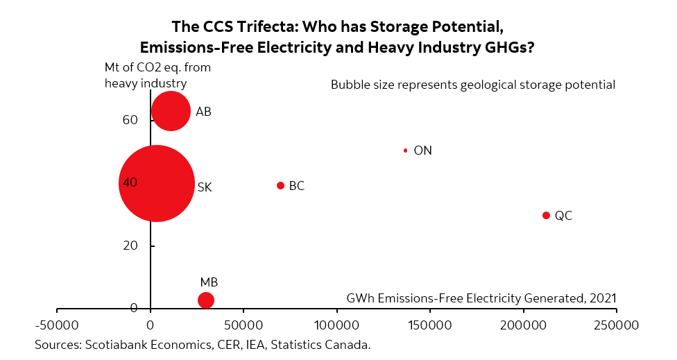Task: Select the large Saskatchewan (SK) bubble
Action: (156, 184)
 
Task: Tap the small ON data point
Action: (406, 151)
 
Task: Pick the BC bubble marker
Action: (281, 186)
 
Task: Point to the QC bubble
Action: (546, 216)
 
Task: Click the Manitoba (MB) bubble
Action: (206, 300)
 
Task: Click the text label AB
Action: (203, 112)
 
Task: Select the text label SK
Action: (205, 187)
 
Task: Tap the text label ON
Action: (422, 151)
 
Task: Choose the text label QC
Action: (563, 216)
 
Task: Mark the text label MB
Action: (209, 282)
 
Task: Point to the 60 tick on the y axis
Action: (130, 120)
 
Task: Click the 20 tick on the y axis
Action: (130, 246)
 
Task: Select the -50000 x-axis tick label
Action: (57, 325)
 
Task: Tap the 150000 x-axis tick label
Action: (429, 325)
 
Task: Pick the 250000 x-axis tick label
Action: (616, 325)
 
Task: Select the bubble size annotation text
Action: (473, 85)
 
